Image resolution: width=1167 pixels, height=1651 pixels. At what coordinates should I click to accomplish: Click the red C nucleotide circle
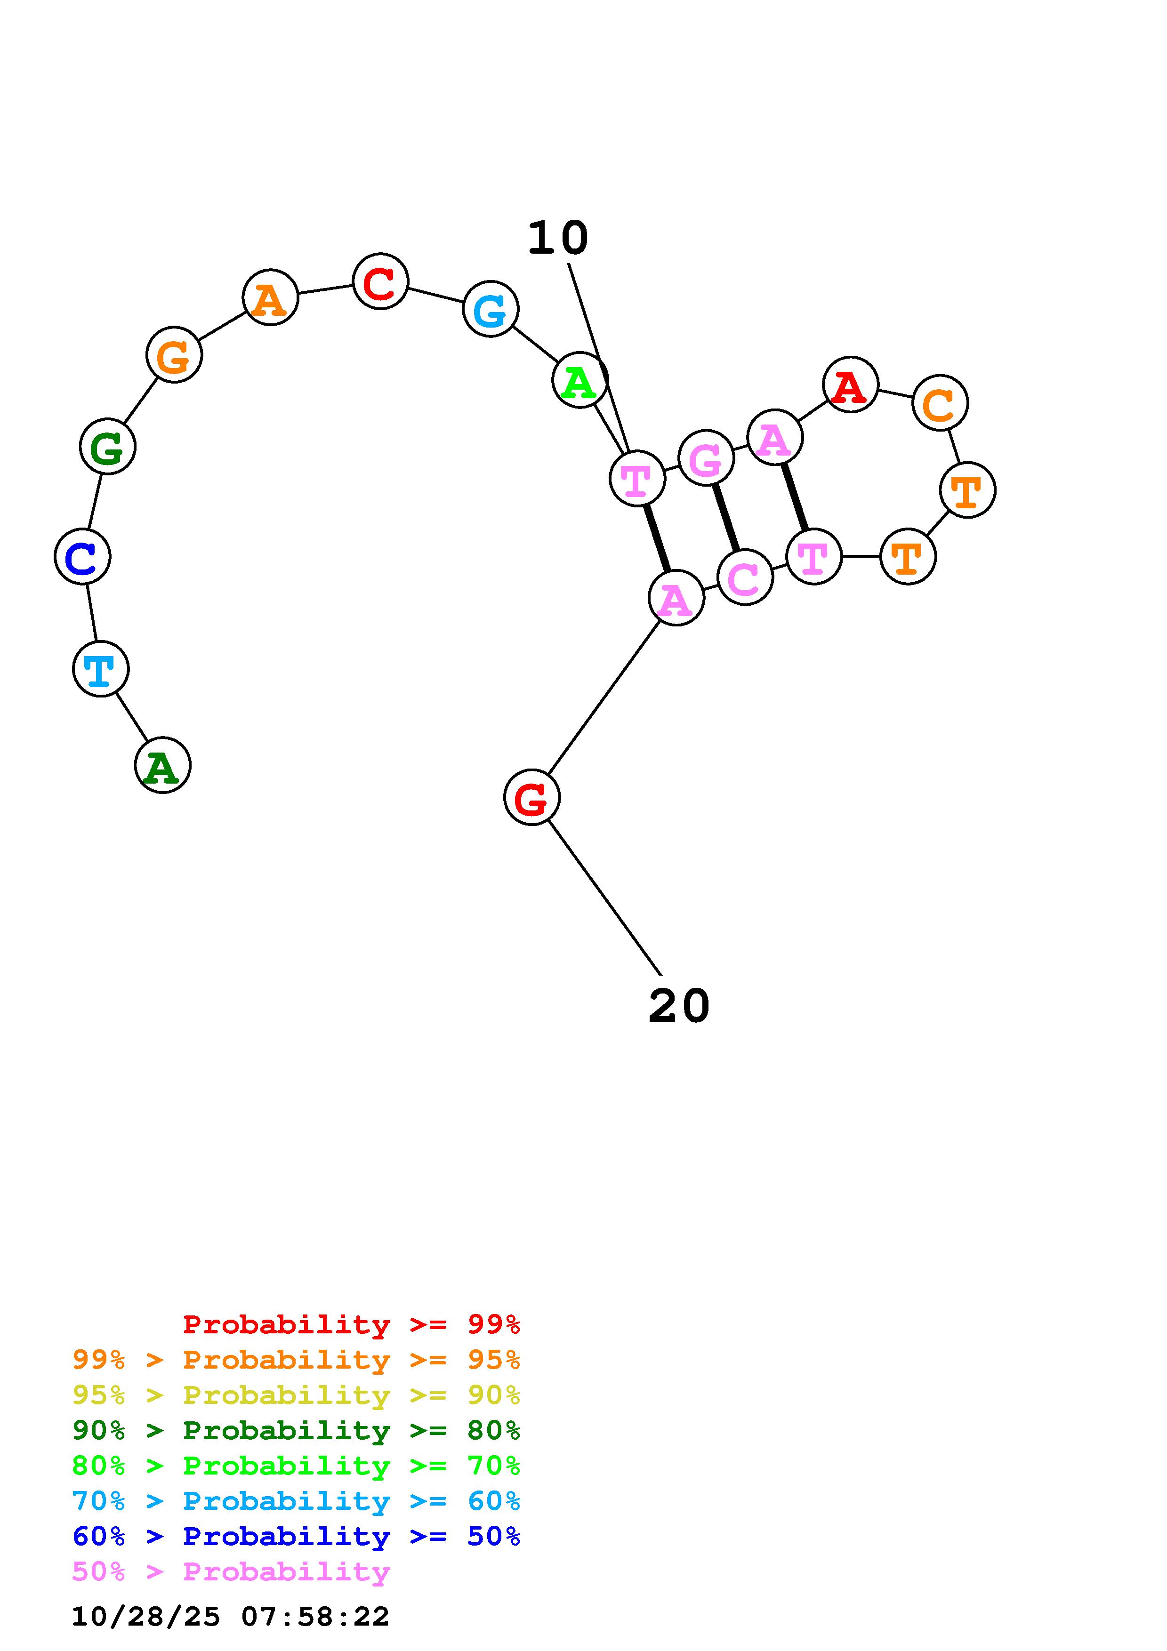point(380,281)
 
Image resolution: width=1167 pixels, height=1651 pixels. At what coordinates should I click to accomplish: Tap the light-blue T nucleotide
point(101,669)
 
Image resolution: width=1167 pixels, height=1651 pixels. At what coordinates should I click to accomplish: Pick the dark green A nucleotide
point(162,765)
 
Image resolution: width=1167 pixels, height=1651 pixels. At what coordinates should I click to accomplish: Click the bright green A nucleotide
point(579,380)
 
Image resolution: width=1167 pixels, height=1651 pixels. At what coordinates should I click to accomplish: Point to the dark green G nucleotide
point(107,447)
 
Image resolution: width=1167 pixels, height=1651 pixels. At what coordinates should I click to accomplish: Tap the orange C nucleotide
point(940,403)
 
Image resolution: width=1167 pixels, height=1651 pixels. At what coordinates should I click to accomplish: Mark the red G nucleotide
point(531,797)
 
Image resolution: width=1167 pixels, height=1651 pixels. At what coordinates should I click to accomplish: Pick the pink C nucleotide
point(745,577)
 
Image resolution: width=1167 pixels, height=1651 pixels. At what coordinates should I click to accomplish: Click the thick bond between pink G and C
point(725,518)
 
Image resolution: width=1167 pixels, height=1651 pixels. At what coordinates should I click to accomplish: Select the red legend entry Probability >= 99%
point(352,1324)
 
